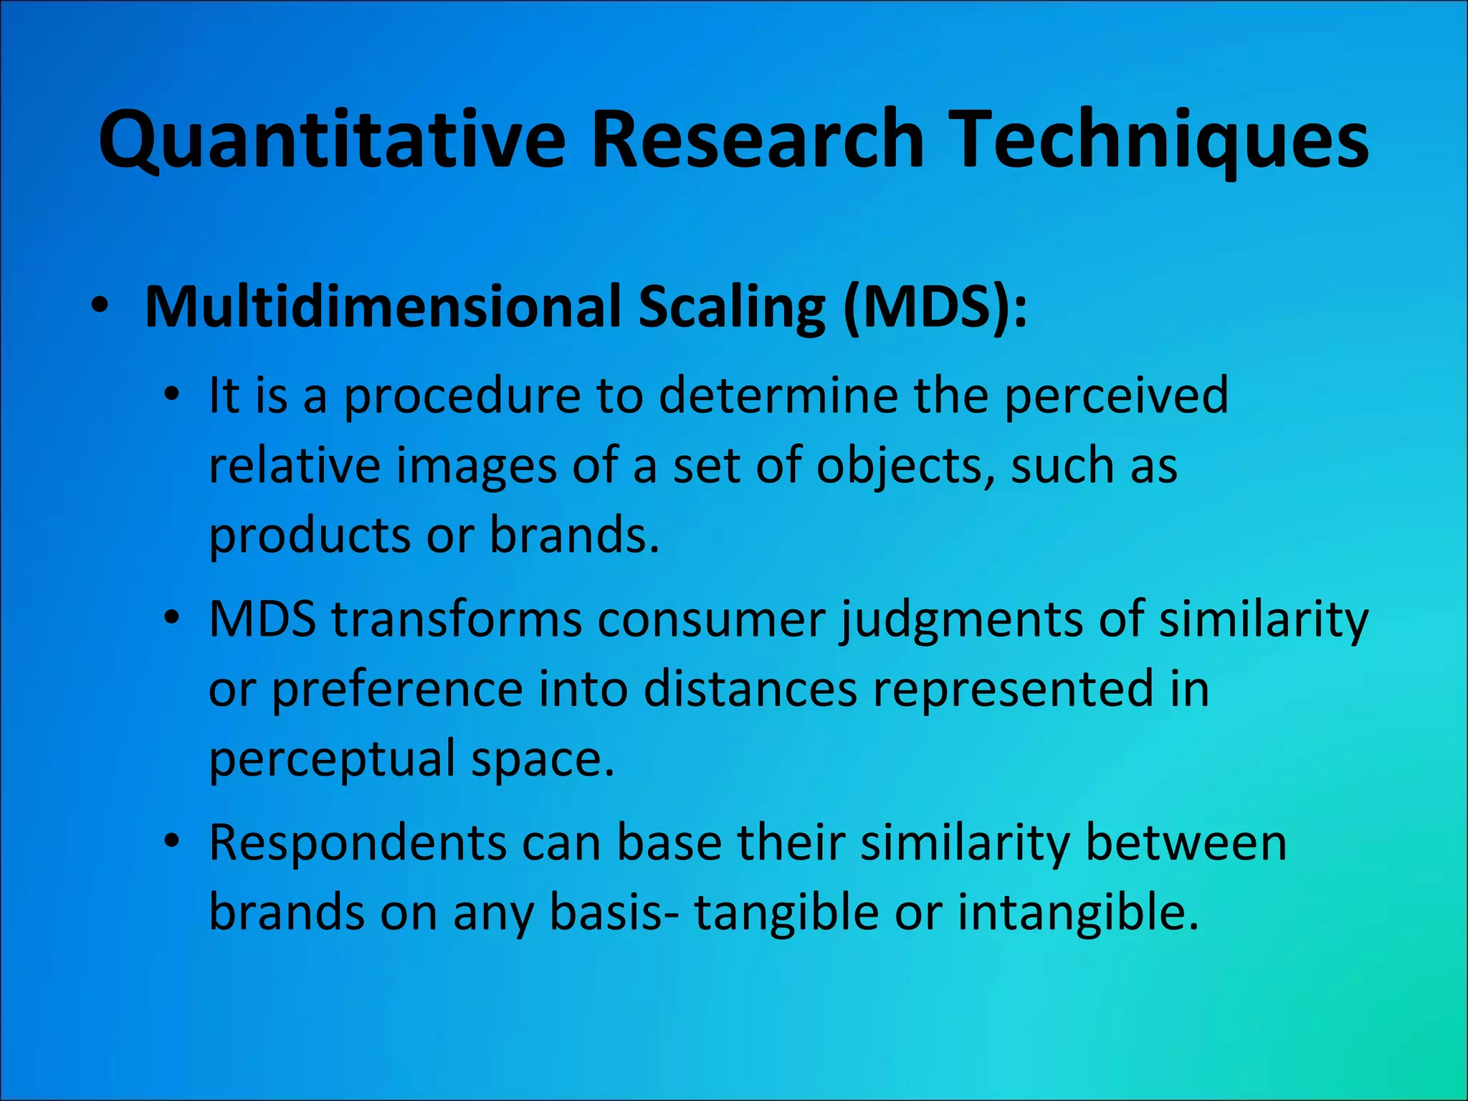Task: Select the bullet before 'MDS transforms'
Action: tap(171, 618)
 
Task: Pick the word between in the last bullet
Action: tap(1186, 843)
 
